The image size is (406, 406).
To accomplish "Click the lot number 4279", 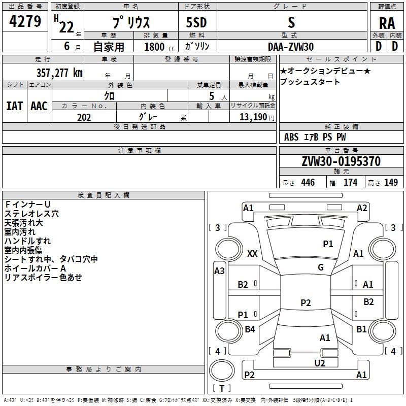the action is click(25, 21).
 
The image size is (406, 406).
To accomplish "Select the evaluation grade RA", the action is click(387, 23).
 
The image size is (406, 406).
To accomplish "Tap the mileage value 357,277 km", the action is click(59, 73).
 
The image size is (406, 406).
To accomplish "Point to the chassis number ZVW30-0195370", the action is click(341, 161).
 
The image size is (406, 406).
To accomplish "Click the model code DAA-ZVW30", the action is click(291, 47).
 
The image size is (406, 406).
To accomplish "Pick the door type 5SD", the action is click(196, 22).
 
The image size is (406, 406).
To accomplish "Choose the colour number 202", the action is click(84, 117).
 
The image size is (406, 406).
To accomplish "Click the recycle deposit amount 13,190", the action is click(253, 117).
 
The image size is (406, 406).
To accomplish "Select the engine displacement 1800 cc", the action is click(159, 47).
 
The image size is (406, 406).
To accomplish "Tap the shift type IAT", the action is click(14, 106).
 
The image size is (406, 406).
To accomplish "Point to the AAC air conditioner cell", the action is click(39, 106).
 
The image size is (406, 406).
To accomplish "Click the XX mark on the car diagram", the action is click(252, 253).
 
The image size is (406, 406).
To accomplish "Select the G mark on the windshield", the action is click(321, 267).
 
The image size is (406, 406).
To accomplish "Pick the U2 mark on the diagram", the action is click(320, 363).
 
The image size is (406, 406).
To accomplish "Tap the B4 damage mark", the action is click(250, 329).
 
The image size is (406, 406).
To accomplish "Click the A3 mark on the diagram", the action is click(219, 271).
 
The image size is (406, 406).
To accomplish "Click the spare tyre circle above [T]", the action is click(222, 370).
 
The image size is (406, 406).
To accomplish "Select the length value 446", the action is click(308, 182).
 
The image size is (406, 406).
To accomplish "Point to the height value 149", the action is click(391, 182).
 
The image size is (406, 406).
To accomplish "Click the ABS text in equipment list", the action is click(291, 137).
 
